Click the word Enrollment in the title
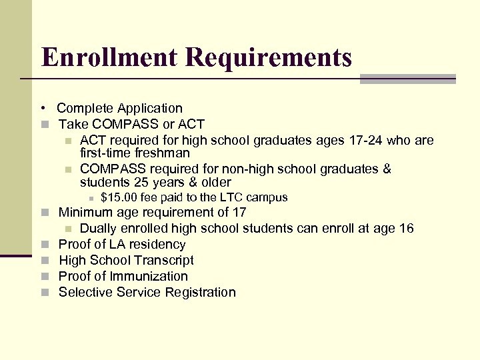(109, 57)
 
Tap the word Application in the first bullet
(151, 108)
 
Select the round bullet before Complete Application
(42, 108)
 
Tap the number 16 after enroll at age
(406, 229)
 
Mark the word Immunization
(147, 276)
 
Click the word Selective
(85, 292)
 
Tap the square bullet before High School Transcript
(45, 261)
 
